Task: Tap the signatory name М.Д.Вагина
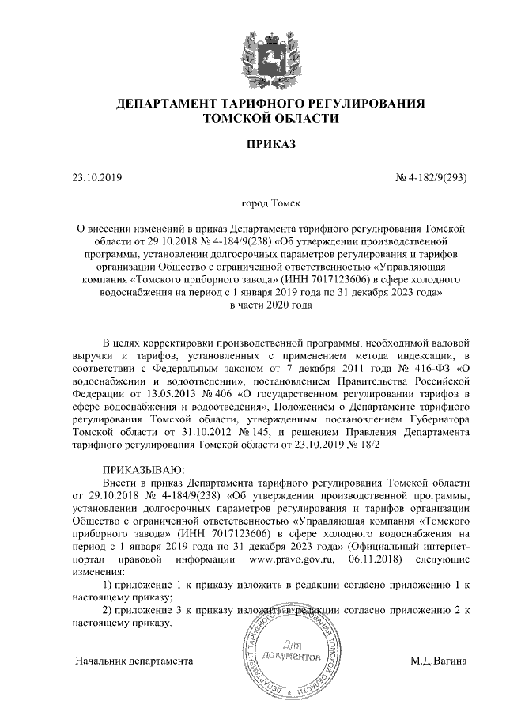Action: [439, 660]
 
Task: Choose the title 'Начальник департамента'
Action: [134, 660]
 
